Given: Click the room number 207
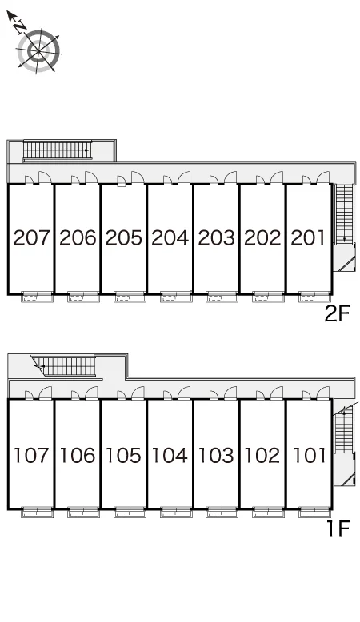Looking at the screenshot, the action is click(x=31, y=237).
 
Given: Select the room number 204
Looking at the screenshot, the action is click(x=170, y=237).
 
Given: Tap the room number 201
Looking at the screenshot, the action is click(x=309, y=237).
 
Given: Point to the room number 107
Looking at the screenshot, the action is click(x=31, y=455).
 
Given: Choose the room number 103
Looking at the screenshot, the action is click(x=216, y=455).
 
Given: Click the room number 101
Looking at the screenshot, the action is click(x=309, y=455).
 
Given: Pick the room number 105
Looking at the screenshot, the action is click(x=123, y=455).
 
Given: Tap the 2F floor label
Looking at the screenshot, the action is click(x=337, y=314).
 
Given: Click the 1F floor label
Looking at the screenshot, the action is click(x=338, y=528).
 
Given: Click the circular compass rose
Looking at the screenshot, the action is click(x=38, y=51).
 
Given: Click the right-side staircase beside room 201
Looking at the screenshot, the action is click(x=344, y=213).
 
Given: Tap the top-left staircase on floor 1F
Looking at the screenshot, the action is click(x=66, y=366).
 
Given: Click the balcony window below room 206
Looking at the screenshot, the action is click(x=83, y=297).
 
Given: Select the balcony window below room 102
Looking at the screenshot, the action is click(x=268, y=512).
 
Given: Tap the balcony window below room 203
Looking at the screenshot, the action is click(x=222, y=297).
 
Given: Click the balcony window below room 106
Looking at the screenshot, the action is click(x=83, y=512).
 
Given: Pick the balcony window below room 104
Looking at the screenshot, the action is click(x=176, y=512).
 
